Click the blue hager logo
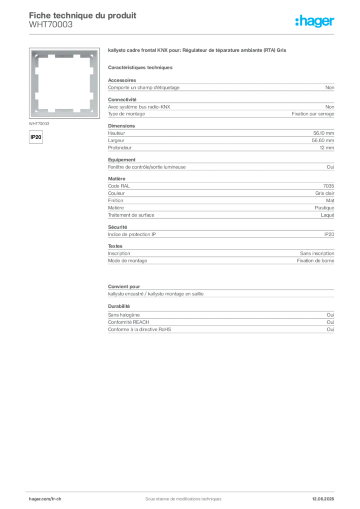pyautogui.click(x=315, y=21)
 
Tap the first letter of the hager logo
pyautogui.click(x=297, y=21)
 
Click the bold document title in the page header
pyautogui.click(x=83, y=15)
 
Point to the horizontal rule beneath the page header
pyautogui.click(x=183, y=34)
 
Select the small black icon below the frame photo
pyautogui.click(x=36, y=136)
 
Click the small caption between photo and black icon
pyautogui.click(x=40, y=123)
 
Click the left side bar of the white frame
pyautogui.click(x=34, y=82)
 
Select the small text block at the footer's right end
pyautogui.click(x=325, y=496)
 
